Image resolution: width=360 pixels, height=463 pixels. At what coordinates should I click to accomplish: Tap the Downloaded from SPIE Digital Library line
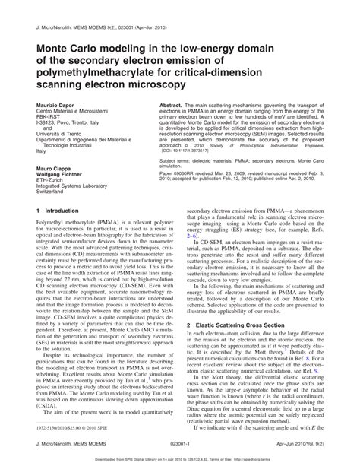click(180, 458)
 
